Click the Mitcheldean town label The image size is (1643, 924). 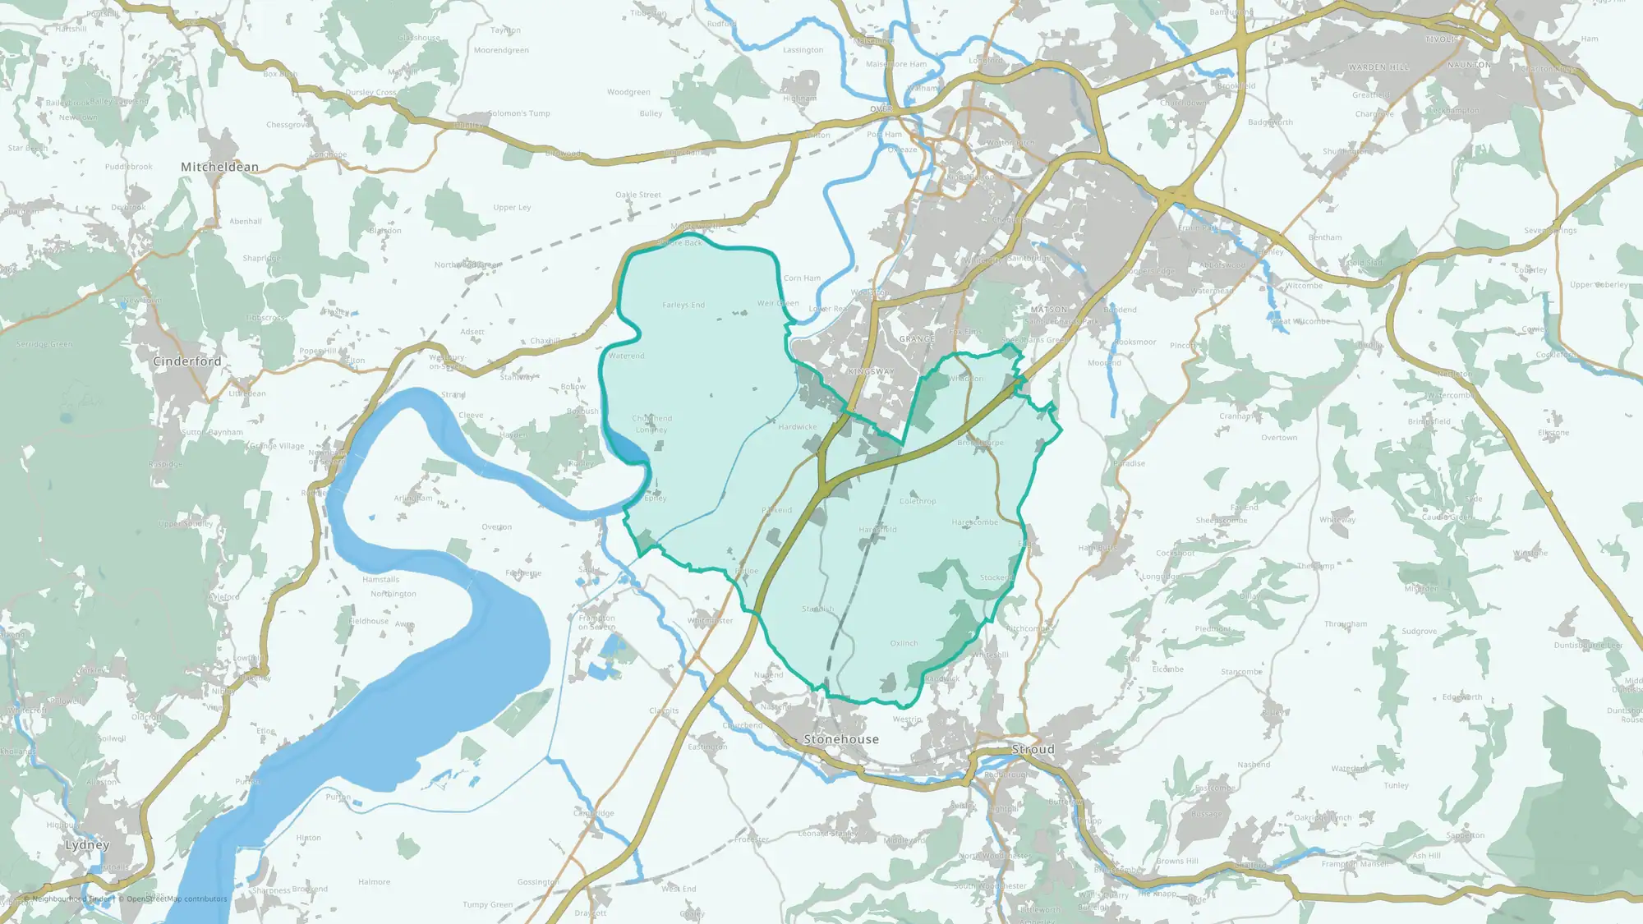tap(219, 167)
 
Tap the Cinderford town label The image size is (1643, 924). tap(187, 361)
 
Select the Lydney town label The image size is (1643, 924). tap(87, 845)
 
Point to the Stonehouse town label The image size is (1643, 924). tap(841, 739)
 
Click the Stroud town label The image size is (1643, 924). tap(1033, 749)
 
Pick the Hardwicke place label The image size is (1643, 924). tap(798, 427)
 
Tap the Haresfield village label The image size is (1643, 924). tap(877, 530)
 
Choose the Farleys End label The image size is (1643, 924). tap(683, 305)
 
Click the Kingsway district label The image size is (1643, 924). tap(871, 372)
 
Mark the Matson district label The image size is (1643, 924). tap(1049, 310)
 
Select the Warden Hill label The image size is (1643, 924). tap(1378, 67)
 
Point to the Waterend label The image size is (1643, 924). tap(626, 356)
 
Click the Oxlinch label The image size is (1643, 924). tap(904, 644)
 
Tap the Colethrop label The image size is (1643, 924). tap(918, 501)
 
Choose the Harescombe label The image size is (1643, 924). tap(975, 522)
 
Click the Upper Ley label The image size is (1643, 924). tap(512, 208)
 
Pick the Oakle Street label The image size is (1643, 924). tap(638, 195)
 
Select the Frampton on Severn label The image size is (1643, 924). tap(596, 623)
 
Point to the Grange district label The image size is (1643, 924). tap(917, 339)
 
